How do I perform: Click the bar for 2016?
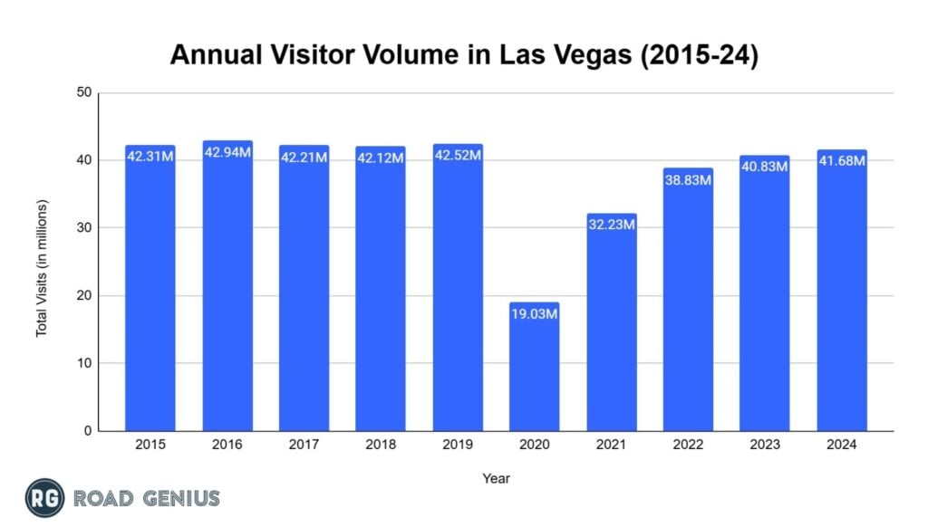[x=227, y=290]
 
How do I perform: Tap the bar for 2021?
[x=611, y=326]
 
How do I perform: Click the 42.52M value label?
[x=458, y=155]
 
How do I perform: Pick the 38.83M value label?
[x=688, y=179]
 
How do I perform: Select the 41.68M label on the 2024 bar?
[x=841, y=161]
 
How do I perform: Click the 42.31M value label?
[x=150, y=156]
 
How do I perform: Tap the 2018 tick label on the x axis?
[x=381, y=445]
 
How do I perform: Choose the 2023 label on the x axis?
[x=764, y=445]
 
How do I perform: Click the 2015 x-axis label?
[x=150, y=445]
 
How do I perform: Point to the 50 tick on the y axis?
[x=84, y=92]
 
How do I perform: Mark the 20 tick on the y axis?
[x=84, y=296]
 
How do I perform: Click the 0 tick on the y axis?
[x=88, y=431]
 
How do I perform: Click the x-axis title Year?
[x=496, y=477]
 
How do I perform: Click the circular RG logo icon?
[x=43, y=497]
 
